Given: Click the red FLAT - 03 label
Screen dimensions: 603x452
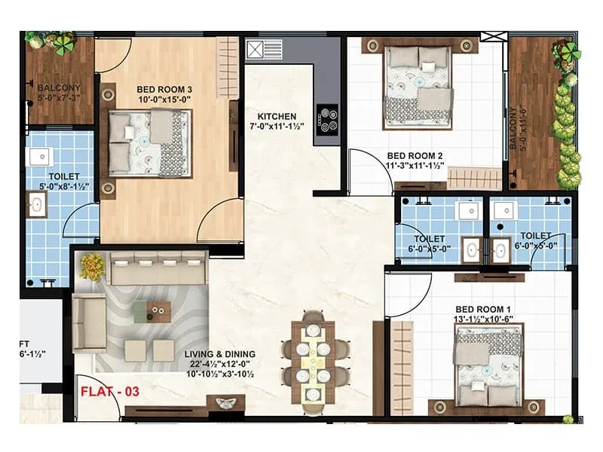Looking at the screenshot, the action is click(x=110, y=392).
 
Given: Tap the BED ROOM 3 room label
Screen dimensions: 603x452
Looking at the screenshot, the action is click(x=164, y=90).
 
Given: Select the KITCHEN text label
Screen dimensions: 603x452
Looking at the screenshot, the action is click(x=277, y=117).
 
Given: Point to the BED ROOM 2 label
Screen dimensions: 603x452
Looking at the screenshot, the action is click(x=415, y=156).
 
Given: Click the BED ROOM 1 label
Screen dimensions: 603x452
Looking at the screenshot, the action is click(x=483, y=310).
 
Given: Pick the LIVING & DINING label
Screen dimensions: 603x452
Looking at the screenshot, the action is click(x=219, y=354).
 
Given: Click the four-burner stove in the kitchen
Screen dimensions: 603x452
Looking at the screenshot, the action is click(x=327, y=121).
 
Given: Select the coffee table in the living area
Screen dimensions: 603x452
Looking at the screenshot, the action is click(x=152, y=312).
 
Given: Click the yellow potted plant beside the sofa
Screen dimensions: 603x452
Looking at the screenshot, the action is click(x=92, y=266).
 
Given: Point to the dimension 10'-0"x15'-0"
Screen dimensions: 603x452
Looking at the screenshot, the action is click(x=164, y=99).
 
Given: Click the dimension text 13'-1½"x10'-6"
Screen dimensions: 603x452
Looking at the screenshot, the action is click(x=483, y=319).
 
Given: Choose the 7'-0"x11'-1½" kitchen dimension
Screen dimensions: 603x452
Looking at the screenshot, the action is click(x=277, y=126).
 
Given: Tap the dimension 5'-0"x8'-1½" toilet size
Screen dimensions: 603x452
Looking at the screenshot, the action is click(x=64, y=186).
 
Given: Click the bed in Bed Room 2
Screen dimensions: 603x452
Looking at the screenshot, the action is click(x=418, y=87).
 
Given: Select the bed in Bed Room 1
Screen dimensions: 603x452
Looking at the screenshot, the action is click(x=488, y=365).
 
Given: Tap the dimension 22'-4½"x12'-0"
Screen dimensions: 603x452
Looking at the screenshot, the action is click(x=219, y=364).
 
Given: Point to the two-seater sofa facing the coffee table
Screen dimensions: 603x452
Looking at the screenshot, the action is click(x=90, y=323).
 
